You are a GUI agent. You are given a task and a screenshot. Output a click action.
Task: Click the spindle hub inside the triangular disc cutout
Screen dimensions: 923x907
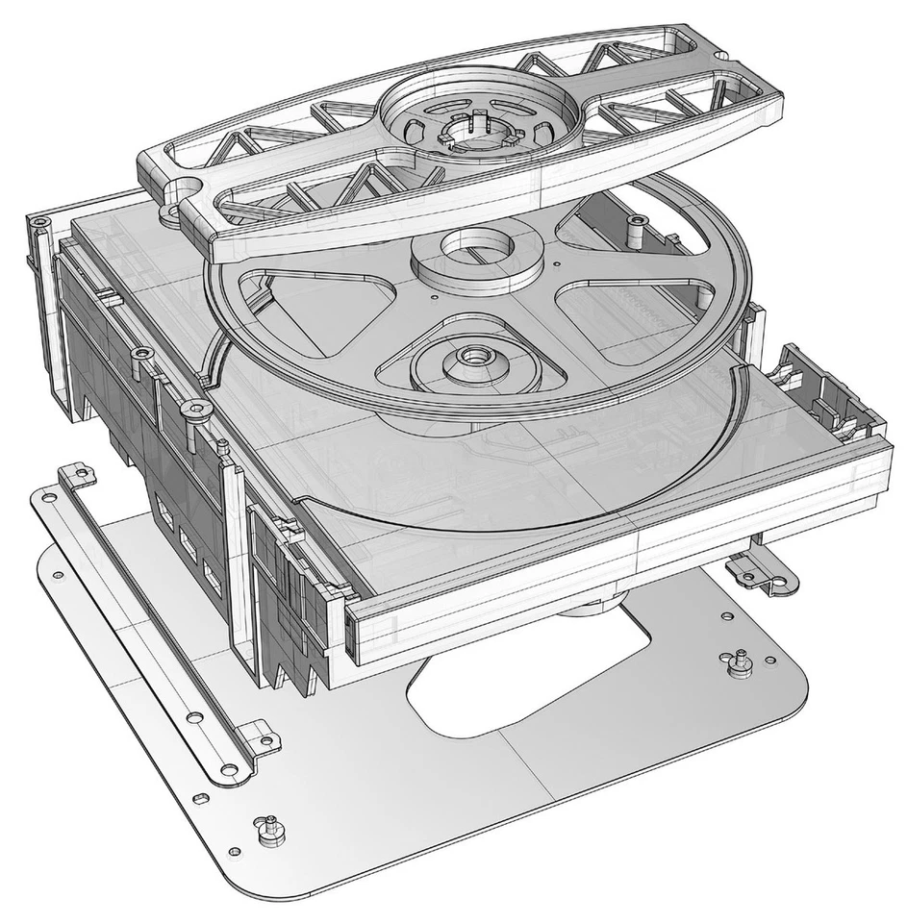(x=473, y=358)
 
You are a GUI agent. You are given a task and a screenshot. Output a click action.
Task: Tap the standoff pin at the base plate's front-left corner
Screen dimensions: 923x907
(x=270, y=824)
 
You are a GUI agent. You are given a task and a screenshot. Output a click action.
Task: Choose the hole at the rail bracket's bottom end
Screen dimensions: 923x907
(x=229, y=769)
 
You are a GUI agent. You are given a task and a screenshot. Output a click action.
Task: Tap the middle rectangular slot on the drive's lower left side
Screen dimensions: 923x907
(x=189, y=548)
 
